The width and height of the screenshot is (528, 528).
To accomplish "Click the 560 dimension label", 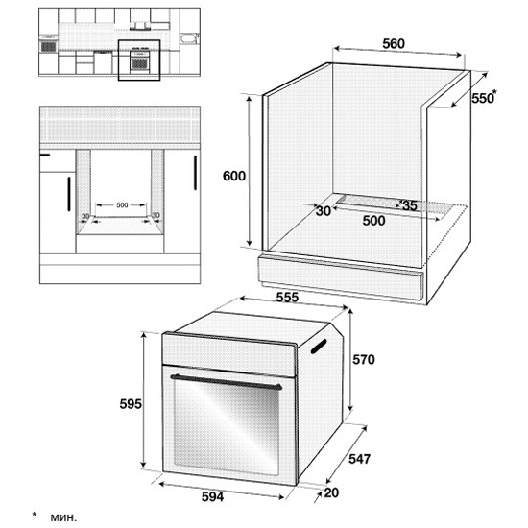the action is click(394, 44).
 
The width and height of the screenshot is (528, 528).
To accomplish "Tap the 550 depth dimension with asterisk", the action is click(484, 97).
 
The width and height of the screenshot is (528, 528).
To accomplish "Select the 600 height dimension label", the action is click(234, 176).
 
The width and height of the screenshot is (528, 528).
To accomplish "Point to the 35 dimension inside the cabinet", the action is click(410, 205).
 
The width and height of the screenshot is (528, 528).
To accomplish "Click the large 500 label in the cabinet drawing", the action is click(373, 221).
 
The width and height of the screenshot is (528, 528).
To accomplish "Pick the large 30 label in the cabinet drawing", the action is click(324, 211).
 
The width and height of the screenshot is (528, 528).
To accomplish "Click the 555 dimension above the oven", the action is click(287, 297).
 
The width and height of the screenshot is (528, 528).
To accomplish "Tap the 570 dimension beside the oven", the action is click(364, 360).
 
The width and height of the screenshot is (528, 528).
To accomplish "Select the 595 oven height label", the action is click(131, 404).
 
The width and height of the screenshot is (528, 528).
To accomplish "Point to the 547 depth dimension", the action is click(359, 459).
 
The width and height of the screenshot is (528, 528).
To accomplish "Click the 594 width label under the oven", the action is click(212, 496).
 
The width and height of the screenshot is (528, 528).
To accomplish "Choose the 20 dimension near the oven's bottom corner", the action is click(331, 492).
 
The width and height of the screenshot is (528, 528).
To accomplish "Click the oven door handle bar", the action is click(227, 382).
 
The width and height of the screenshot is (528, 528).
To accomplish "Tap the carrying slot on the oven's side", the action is click(319, 347).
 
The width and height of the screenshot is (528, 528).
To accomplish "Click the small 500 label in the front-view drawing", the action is click(122, 204).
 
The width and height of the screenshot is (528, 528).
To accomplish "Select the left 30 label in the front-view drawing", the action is click(85, 216).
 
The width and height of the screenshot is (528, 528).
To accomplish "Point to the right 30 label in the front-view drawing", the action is click(156, 215).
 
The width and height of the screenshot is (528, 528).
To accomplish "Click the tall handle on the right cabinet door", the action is click(195, 173).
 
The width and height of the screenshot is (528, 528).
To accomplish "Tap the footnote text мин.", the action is click(63, 517).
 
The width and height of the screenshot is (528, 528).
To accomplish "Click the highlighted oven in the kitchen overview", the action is click(139, 60).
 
